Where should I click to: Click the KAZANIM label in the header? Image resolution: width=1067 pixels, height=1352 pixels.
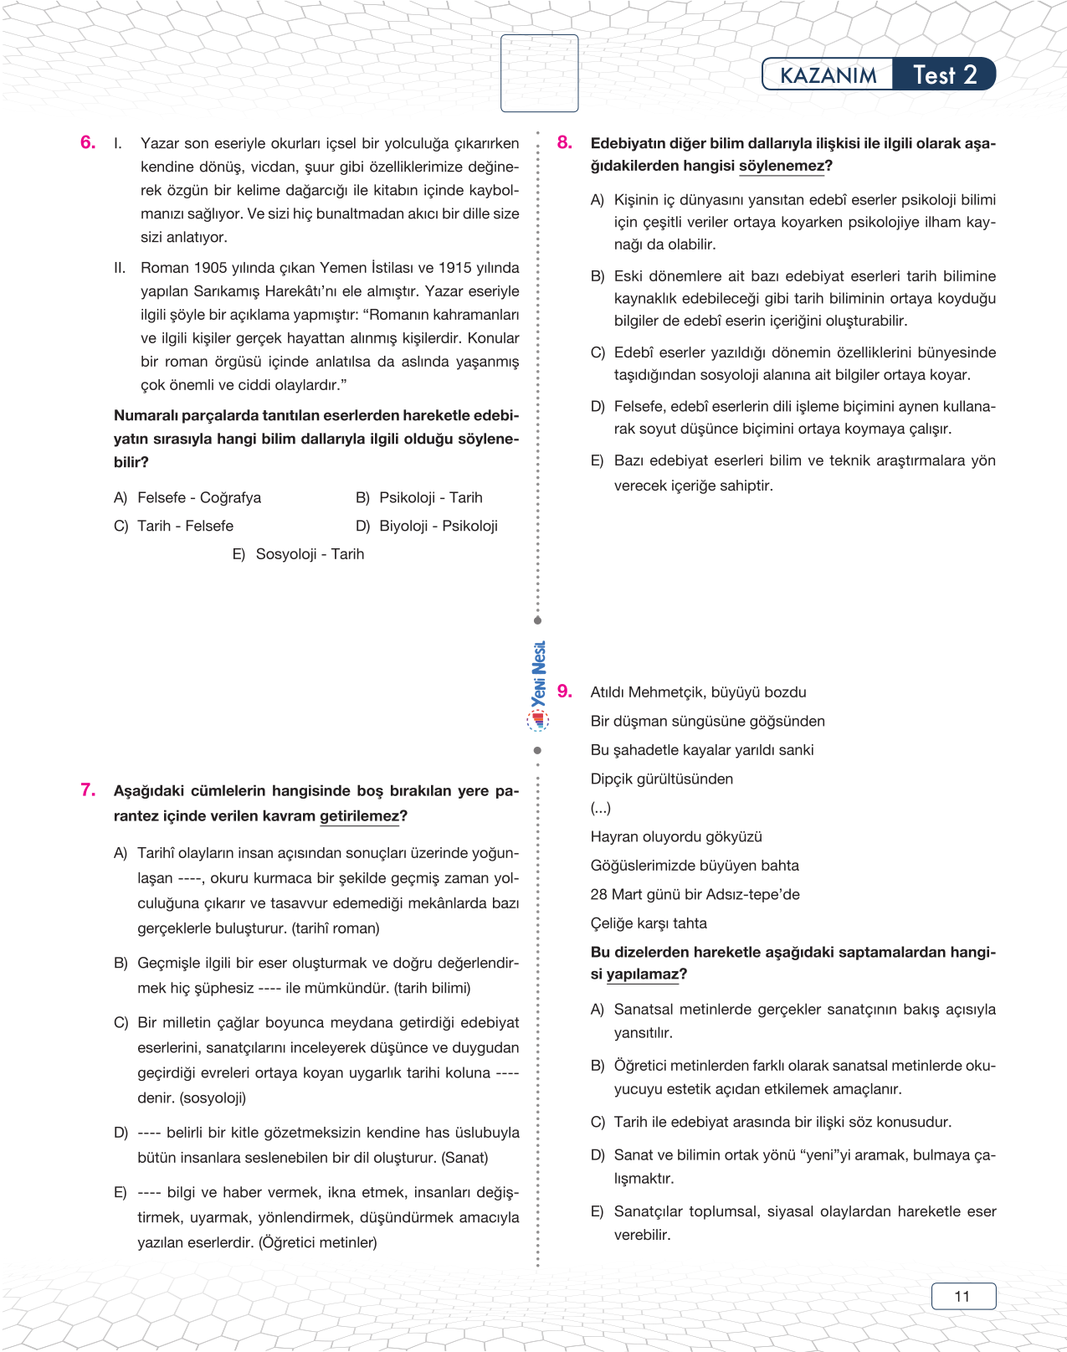(828, 75)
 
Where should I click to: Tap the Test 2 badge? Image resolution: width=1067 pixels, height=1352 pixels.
(945, 75)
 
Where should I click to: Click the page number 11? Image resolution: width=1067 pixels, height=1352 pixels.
(962, 1296)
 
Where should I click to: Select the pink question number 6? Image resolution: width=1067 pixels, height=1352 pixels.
(88, 142)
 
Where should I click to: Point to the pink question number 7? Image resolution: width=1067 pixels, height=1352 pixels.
(88, 789)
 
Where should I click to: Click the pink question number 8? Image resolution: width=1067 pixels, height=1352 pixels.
(565, 142)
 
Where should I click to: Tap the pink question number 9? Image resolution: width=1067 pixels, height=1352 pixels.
(565, 691)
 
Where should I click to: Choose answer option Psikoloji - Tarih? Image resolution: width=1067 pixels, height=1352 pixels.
(430, 497)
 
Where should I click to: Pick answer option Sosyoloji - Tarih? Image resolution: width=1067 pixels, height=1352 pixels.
(310, 554)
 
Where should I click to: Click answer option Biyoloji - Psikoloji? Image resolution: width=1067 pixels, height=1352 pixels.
(438, 526)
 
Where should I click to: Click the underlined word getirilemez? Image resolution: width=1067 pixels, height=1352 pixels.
(359, 816)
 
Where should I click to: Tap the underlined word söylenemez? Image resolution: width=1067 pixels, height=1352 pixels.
(782, 166)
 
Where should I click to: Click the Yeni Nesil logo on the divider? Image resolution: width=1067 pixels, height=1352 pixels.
(538, 682)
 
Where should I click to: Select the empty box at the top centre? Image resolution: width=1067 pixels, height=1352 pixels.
(539, 73)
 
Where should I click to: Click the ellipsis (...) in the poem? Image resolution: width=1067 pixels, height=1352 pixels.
(600, 808)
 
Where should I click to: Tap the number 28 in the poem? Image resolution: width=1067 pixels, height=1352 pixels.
(598, 894)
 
